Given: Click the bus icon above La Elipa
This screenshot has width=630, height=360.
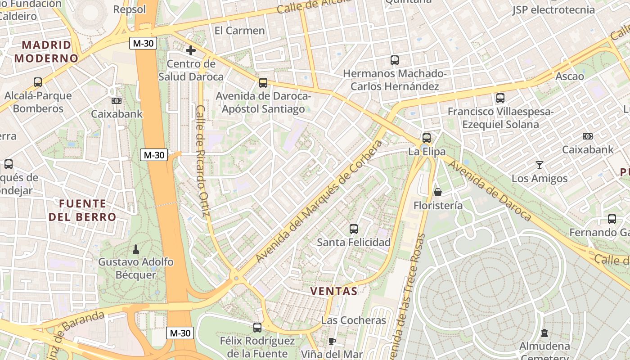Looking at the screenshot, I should coord(426,138).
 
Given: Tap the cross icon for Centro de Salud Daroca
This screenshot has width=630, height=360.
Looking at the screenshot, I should coord(191,50).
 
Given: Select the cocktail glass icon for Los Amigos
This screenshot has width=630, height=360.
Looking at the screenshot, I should coord(539,165).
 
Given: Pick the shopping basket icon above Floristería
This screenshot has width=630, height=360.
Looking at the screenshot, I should coord(437,192).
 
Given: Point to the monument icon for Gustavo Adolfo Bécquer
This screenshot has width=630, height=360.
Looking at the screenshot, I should coord(135,248).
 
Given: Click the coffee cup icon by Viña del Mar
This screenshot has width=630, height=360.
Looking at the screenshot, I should coord(332,341).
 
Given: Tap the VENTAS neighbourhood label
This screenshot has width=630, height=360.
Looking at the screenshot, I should coord(334,291).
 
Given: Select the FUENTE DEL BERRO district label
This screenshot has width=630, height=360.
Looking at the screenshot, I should coord(83,210).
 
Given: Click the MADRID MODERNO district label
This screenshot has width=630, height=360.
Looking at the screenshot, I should coord(46,51).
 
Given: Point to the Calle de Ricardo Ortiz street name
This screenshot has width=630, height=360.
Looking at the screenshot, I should coord(203,160).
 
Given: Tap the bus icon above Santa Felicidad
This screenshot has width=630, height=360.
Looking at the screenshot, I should coord(354,229).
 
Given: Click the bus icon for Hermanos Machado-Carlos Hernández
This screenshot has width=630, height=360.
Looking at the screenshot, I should coord(395,60).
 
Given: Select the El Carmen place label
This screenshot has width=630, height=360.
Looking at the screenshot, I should coord(239,31).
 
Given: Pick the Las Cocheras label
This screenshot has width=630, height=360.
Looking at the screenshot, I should coord(354,320).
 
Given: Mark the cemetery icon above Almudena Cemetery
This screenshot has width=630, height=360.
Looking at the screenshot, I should coord(544,333).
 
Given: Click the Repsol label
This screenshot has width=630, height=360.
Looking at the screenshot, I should coord(130,9).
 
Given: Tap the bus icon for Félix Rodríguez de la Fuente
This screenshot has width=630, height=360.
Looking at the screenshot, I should coord(257,328).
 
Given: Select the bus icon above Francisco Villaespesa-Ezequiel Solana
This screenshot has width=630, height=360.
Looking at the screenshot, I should coord(500,98).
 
